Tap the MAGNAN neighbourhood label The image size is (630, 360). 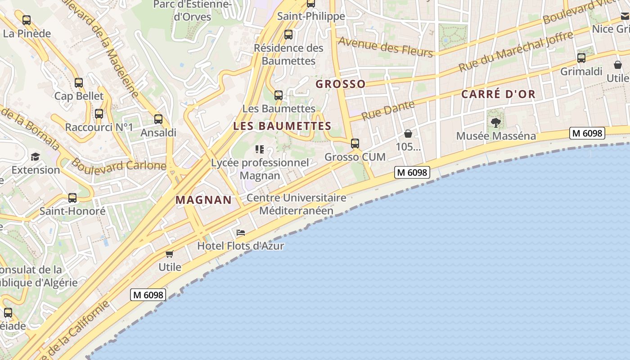pyautogui.click(x=203, y=200)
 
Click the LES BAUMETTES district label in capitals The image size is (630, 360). pyautogui.click(x=282, y=126)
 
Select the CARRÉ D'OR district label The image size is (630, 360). pyautogui.click(x=499, y=94)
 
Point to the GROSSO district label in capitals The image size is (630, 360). pyautogui.click(x=340, y=84)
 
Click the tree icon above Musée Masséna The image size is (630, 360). pyautogui.click(x=496, y=122)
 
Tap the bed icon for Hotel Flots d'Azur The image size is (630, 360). pyautogui.click(x=241, y=233)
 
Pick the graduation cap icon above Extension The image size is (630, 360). pyautogui.click(x=35, y=157)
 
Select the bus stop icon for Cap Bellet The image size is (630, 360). pyautogui.click(x=79, y=83)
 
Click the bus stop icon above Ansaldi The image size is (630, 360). pyautogui.click(x=158, y=119)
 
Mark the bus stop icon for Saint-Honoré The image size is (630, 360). pyautogui.click(x=72, y=198)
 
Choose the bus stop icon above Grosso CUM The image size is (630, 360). pyautogui.click(x=355, y=144)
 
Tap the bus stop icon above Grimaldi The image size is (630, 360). pyautogui.click(x=581, y=58)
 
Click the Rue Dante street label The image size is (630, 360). pyautogui.click(x=382, y=110)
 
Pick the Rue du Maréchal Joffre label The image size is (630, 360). pyautogui.click(x=516, y=51)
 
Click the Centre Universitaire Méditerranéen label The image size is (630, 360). pyautogui.click(x=297, y=204)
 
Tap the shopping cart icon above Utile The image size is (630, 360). pyautogui.click(x=170, y=254)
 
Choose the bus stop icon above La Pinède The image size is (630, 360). pyautogui.click(x=27, y=20)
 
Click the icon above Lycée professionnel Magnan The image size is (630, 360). pyautogui.click(x=260, y=149)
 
